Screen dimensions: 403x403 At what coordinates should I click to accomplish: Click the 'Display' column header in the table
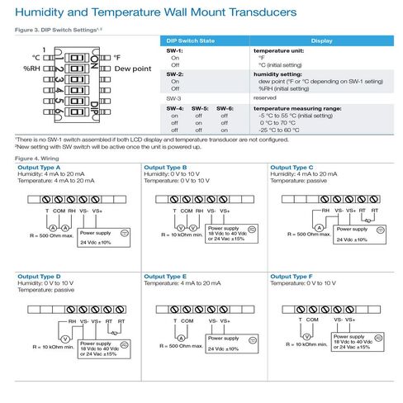(323, 40)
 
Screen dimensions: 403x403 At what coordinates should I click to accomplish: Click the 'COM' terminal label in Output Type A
(59, 211)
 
